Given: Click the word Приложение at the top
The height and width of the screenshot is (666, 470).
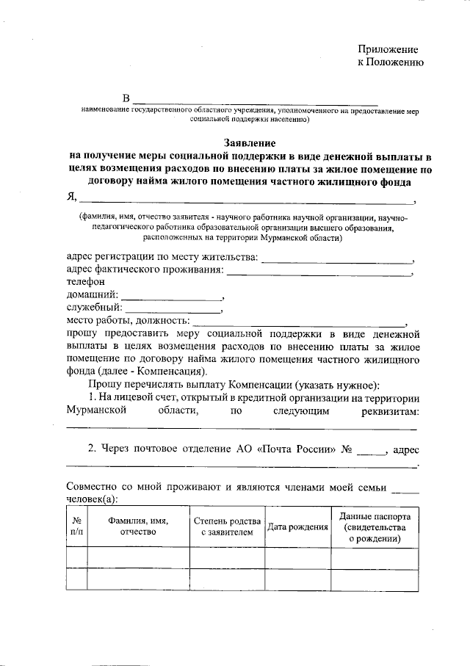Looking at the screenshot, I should (388, 49).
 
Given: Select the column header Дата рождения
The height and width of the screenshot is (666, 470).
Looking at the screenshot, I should (297, 526).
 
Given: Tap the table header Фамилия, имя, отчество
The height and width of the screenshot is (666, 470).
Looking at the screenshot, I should (138, 526).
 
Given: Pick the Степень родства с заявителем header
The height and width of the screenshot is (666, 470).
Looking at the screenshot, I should (226, 526).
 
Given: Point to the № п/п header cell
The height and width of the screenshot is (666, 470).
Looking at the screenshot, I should (76, 526).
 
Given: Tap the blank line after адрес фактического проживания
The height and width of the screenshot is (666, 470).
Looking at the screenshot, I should (319, 274).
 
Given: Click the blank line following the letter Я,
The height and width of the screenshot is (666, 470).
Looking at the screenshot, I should (245, 200).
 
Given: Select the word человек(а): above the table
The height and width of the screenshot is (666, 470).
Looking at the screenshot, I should (97, 498).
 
